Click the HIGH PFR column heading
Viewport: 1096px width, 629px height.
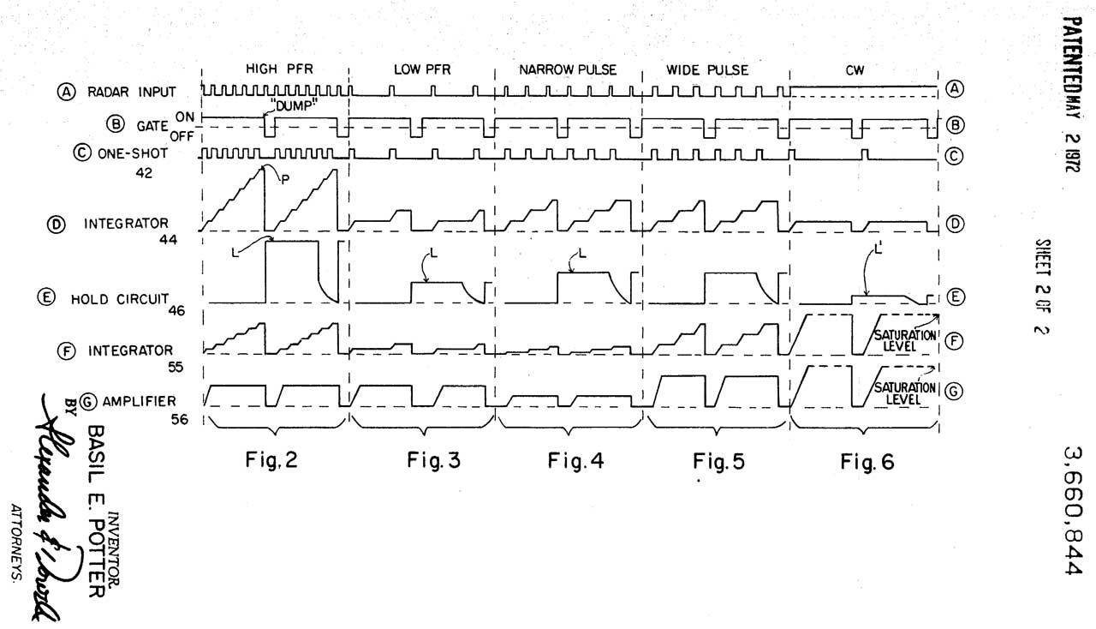click(x=275, y=69)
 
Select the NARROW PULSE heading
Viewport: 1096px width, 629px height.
click(x=567, y=69)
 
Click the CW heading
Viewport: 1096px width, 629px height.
click(x=855, y=70)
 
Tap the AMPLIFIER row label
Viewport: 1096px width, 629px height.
click(x=139, y=401)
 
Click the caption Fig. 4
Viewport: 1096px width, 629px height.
click(x=575, y=461)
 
